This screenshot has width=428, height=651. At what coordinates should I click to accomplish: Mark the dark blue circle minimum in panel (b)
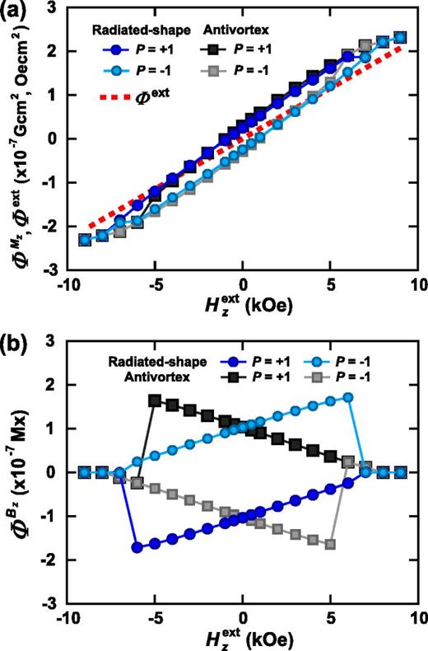[x=137, y=547]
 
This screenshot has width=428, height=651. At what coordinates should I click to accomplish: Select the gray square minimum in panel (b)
[x=331, y=544]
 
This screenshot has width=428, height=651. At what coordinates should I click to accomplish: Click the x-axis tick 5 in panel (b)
[x=330, y=618]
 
